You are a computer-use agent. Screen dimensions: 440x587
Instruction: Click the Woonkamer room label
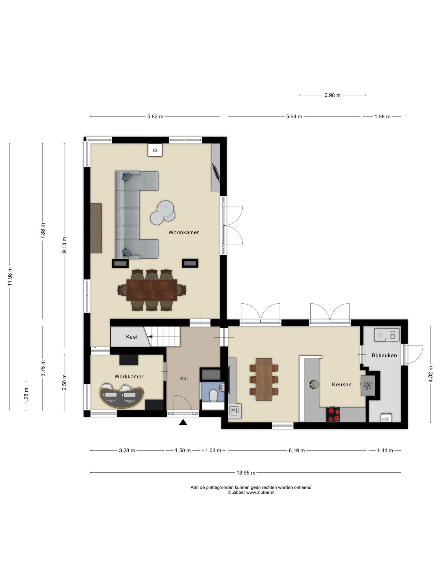[184, 232]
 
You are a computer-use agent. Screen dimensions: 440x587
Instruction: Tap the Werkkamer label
[129, 376]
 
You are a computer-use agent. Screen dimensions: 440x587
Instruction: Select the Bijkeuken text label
[384, 355]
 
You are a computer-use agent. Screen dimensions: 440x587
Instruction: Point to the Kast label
[132, 337]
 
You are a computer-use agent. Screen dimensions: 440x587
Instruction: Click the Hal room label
[183, 378]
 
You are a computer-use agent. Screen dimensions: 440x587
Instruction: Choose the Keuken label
[342, 385]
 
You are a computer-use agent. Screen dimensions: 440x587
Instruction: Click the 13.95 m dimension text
[246, 473]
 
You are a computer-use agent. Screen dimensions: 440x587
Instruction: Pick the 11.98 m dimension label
[10, 276]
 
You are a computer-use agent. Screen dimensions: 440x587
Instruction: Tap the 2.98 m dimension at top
[332, 95]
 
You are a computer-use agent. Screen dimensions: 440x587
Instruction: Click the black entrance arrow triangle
[183, 422]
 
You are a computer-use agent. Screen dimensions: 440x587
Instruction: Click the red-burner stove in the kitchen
[333, 414]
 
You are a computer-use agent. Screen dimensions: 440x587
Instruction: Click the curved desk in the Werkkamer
[122, 397]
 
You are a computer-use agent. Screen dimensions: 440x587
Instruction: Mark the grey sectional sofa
[137, 215]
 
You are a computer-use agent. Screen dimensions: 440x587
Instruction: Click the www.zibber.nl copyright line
[251, 492]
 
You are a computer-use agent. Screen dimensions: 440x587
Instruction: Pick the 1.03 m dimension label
[213, 450]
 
